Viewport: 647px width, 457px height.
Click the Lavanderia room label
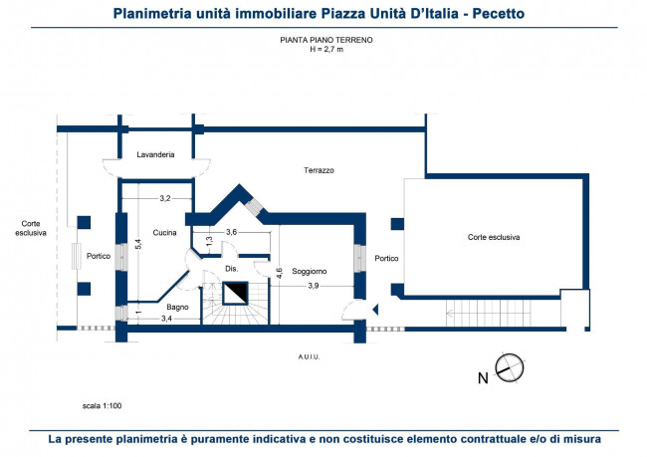[155, 154]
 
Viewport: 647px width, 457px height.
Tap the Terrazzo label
[319, 170]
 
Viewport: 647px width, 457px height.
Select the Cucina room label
[164, 233]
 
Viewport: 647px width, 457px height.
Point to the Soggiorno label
[310, 271]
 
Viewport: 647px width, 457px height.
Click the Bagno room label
[177, 307]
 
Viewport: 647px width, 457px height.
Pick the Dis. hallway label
[232, 269]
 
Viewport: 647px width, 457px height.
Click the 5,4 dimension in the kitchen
[138, 244]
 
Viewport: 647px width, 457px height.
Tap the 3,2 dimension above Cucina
[165, 198]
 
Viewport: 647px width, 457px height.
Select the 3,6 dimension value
[232, 232]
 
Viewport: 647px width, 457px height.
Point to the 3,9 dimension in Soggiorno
[314, 286]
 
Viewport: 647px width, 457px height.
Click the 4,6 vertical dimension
[280, 273]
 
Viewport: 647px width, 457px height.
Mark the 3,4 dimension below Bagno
[166, 319]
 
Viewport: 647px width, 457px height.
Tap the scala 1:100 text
[102, 406]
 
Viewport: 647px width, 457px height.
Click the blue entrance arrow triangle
[375, 310]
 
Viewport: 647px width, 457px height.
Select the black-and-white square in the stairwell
[235, 293]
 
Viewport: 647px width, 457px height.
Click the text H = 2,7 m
[326, 50]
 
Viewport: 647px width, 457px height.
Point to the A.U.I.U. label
[309, 357]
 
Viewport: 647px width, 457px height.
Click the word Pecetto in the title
[499, 14]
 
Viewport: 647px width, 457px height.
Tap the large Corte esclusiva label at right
[494, 237]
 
